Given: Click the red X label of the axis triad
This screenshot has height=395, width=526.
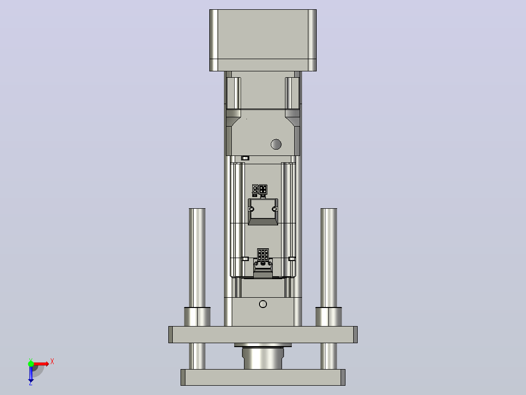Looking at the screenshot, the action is click(52, 362).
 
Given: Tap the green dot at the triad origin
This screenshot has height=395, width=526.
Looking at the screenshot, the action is click(31, 363).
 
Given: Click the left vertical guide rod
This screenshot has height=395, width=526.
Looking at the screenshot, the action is click(197, 258).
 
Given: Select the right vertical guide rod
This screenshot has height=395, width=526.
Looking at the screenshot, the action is click(329, 258).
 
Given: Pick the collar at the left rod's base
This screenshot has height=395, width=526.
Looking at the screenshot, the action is click(197, 317).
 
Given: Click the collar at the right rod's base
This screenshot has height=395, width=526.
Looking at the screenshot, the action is click(329, 317).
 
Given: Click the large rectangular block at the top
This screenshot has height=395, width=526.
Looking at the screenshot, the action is click(263, 41).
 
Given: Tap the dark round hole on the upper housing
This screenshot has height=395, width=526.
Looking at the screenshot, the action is click(276, 144).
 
